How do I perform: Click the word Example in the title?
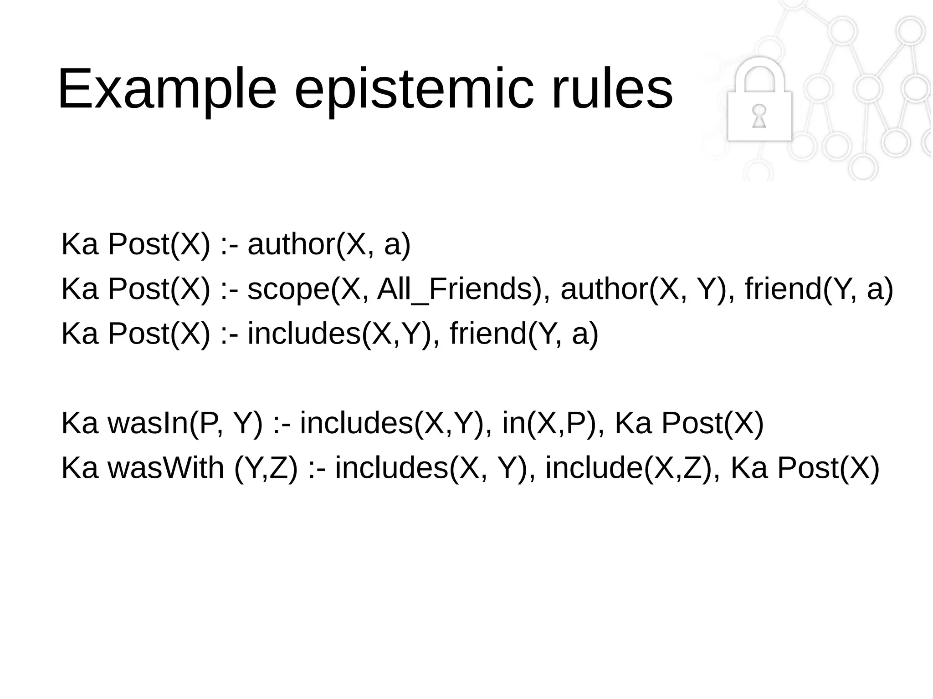click(x=167, y=89)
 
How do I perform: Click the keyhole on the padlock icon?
click(x=759, y=116)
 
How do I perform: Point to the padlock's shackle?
click(x=759, y=75)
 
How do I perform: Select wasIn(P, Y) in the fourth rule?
click(x=185, y=423)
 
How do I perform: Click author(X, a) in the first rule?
click(x=329, y=244)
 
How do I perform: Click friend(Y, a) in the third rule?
click(x=524, y=334)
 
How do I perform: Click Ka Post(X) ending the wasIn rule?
click(x=689, y=423)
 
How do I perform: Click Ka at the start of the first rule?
click(x=80, y=244)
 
